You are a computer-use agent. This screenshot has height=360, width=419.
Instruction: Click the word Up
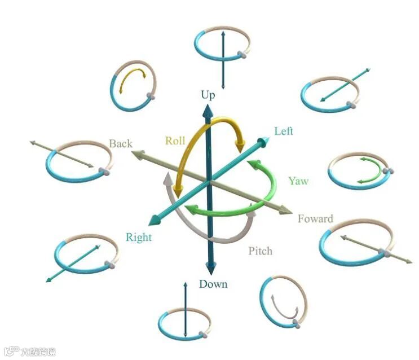(208, 95)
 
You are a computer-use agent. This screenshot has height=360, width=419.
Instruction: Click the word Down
(213, 283)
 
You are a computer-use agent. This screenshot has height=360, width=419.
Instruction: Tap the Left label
(284, 131)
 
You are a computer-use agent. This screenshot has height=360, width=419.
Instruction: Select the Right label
(139, 237)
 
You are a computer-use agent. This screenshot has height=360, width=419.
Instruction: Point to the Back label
(120, 143)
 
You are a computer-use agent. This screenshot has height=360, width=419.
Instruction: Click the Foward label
(315, 218)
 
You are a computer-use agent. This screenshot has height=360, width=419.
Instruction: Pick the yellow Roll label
(175, 141)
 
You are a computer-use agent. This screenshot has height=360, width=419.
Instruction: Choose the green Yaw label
(298, 181)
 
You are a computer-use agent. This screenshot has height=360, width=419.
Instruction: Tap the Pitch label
(260, 251)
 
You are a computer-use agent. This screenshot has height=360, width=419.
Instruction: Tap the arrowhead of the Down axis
(210, 269)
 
